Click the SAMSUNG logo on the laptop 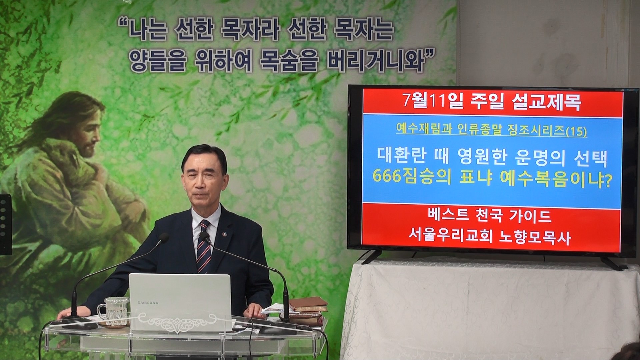(148, 303)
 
